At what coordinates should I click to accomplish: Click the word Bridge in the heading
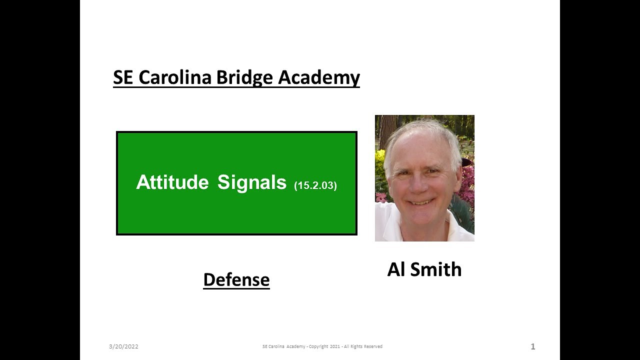245,77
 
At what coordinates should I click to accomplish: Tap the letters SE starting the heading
123,77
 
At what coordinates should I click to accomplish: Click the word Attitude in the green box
172,182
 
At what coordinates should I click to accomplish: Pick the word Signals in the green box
251,182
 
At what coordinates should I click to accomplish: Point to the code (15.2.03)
315,185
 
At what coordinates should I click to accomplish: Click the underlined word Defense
236,279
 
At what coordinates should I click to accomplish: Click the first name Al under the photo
396,269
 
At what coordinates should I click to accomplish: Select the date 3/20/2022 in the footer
123,346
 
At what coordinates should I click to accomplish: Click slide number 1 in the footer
532,346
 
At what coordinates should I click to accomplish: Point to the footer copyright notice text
322,346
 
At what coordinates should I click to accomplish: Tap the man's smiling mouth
421,201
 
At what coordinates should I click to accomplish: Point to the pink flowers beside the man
468,180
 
